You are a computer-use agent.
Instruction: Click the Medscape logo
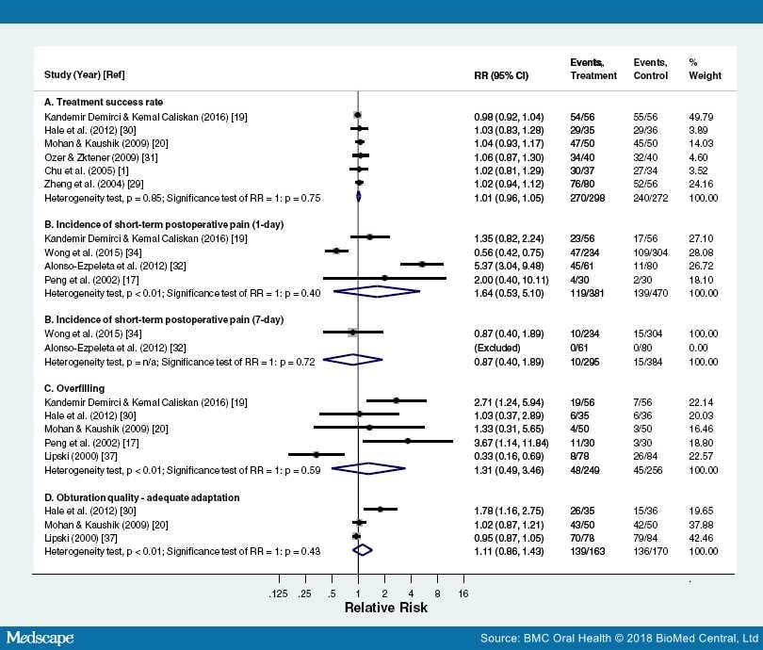pos(41,638)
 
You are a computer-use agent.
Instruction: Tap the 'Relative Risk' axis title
pos(385,608)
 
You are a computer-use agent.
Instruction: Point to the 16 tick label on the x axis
pos(463,593)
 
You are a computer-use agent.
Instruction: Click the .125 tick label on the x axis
pos(279,593)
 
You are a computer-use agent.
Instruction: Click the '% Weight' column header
pos(705,69)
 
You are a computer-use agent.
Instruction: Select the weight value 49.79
pos(703,115)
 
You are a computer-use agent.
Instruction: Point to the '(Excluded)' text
pos(495,345)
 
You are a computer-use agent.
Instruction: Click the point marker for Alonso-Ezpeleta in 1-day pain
pos(422,265)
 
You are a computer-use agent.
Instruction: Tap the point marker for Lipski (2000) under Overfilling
pos(317,454)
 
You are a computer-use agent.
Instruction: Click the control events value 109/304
pos(650,251)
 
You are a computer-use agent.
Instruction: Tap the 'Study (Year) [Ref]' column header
pos(86,75)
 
